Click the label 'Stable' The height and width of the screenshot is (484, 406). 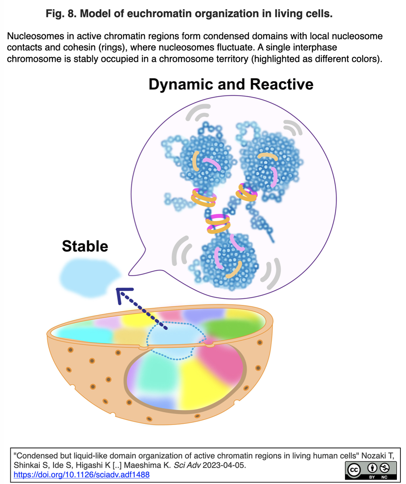(x=85, y=246)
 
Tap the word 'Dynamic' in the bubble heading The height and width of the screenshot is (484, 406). (x=181, y=84)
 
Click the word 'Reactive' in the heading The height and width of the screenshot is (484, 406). (x=282, y=84)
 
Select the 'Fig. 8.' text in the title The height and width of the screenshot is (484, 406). (x=61, y=13)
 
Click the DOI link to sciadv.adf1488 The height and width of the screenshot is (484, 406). (x=81, y=474)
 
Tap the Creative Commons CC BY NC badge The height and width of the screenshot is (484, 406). (x=370, y=470)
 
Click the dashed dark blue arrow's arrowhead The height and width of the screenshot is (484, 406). (x=123, y=295)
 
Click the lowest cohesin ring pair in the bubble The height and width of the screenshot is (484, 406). (x=218, y=224)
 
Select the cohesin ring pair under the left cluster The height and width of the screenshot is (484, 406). (x=204, y=198)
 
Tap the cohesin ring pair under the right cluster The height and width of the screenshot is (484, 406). (x=246, y=192)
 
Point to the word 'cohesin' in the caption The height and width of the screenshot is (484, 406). (x=80, y=47)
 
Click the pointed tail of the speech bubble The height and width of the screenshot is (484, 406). (x=130, y=275)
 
